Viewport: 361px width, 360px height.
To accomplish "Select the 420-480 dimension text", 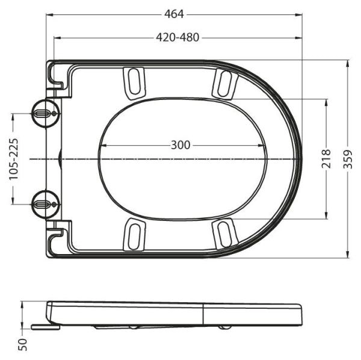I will pos(177,37).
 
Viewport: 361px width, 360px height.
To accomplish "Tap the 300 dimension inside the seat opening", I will pos(180,145).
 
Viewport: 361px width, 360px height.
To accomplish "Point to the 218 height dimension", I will pos(327,158).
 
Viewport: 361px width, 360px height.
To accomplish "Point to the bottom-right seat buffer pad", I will pos(223,234).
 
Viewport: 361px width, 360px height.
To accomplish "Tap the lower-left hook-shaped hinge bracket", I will pos(58,239).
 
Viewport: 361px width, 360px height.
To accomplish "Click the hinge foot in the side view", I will pos(45,327).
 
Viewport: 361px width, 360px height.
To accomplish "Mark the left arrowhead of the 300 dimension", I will pos(100,145).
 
